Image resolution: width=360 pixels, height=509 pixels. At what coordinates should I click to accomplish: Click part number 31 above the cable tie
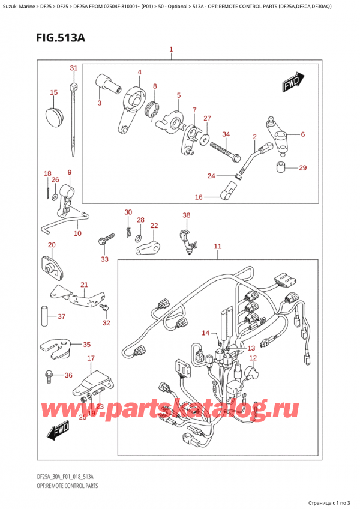[x=73, y=68]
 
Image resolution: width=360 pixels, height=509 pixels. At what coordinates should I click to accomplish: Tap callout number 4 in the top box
[x=139, y=73]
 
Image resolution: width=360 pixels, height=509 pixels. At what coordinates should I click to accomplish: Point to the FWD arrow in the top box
[x=294, y=82]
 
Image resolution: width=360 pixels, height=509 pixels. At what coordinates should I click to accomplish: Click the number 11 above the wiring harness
[x=217, y=246]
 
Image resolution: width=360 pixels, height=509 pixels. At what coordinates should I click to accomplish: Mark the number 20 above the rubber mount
[x=51, y=245]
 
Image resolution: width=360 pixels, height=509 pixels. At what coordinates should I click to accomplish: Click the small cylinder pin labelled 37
[x=44, y=316]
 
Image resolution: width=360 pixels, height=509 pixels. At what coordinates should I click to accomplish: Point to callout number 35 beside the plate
[x=86, y=345]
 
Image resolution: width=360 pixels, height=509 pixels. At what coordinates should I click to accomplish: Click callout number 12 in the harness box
[x=253, y=358]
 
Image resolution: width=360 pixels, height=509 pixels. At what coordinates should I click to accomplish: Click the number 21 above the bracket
[x=84, y=285]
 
